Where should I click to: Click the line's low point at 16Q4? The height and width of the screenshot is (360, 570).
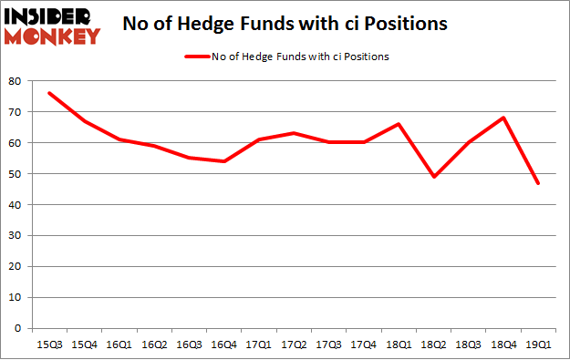[224, 161]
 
